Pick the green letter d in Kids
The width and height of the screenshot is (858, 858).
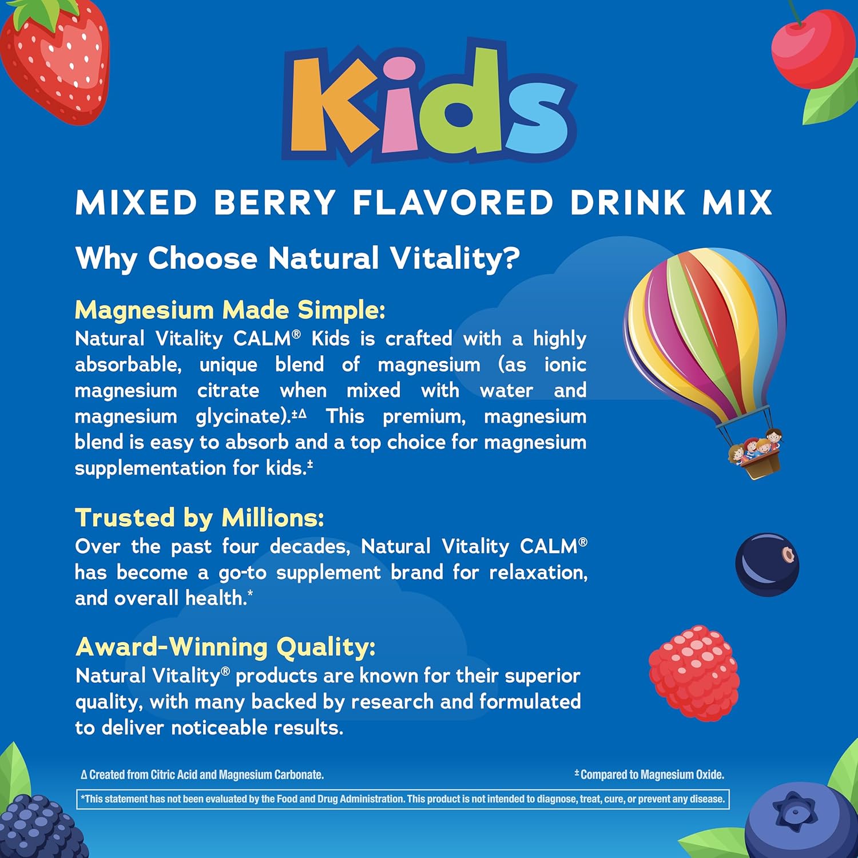point(463,100)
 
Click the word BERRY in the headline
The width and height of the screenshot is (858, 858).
point(275,202)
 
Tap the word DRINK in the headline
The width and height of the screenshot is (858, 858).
point(627,202)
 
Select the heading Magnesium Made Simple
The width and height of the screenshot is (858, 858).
point(230,310)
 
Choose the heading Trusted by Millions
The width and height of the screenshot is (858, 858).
point(200,518)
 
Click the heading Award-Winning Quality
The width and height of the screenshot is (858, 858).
point(225,647)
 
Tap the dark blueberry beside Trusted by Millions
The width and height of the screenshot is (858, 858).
point(766,564)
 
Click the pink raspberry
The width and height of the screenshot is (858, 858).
point(694,672)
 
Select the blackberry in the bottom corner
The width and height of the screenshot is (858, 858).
point(37,827)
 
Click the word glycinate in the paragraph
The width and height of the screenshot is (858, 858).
point(241,416)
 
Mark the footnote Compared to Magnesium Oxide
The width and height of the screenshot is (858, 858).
point(650,775)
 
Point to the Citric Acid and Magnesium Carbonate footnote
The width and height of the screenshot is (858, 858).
point(202,775)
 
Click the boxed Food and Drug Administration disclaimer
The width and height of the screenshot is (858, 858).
point(403,799)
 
